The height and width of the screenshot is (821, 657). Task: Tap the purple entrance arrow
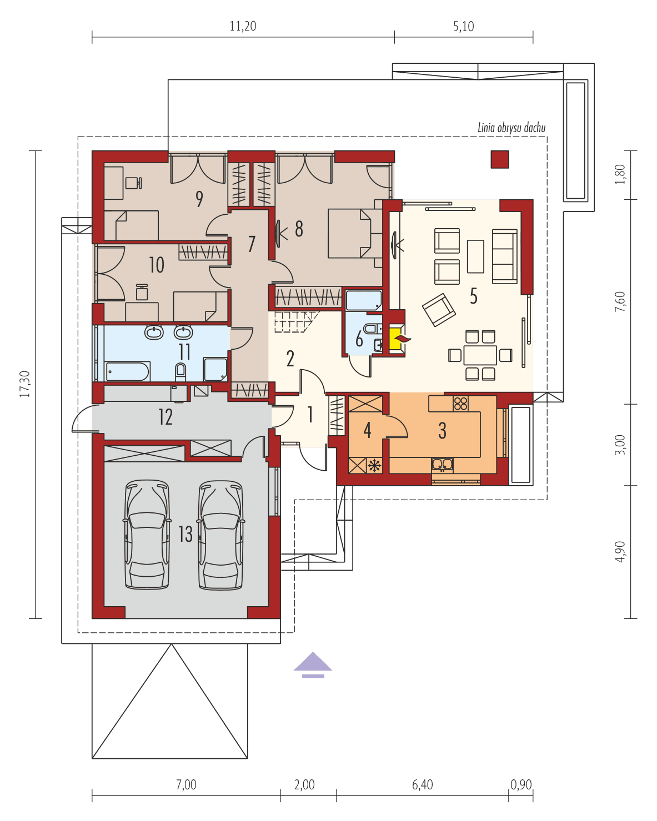[x=313, y=664]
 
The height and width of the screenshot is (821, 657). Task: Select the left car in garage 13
[x=147, y=534]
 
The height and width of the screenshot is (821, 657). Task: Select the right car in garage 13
[x=221, y=534]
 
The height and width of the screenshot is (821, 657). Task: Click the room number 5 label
[x=473, y=296]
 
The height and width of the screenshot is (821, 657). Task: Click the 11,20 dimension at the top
[x=243, y=26]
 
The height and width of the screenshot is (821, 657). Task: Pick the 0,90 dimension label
[x=520, y=785]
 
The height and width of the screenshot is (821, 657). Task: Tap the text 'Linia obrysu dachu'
[x=511, y=128]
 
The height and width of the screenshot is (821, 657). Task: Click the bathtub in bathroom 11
[x=127, y=371]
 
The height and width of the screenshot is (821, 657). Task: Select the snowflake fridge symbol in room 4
[x=375, y=465]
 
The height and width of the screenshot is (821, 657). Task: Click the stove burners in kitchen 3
[x=460, y=403]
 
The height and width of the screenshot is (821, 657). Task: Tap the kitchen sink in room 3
[x=443, y=464]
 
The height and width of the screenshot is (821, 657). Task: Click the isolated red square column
[x=499, y=159]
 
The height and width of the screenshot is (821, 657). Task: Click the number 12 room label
[x=165, y=417]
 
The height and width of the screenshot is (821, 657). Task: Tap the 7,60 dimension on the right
[x=620, y=301]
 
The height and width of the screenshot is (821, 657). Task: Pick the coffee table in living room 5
[x=475, y=256]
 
